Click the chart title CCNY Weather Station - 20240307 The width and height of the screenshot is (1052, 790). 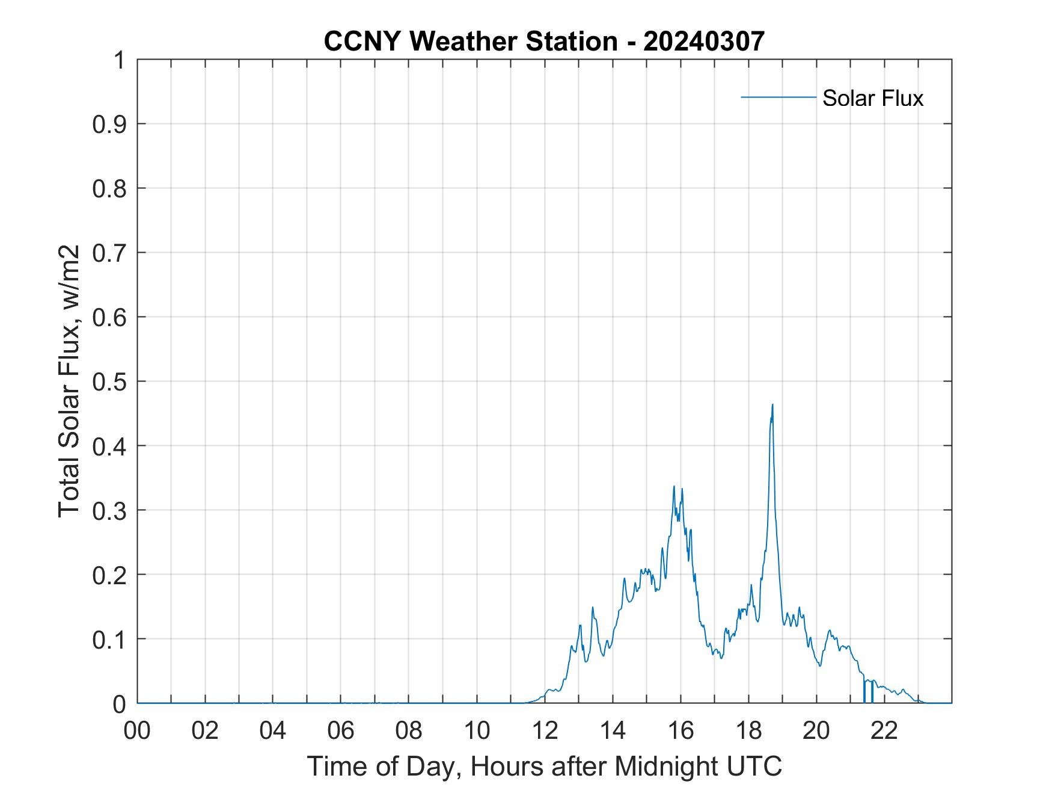point(544,42)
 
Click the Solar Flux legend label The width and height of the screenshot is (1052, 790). point(872,97)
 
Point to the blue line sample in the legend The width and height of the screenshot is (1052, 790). point(778,97)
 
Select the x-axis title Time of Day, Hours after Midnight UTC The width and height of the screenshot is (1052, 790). point(544,766)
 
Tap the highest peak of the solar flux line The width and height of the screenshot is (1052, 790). point(772,405)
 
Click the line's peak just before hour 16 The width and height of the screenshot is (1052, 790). point(674,486)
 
